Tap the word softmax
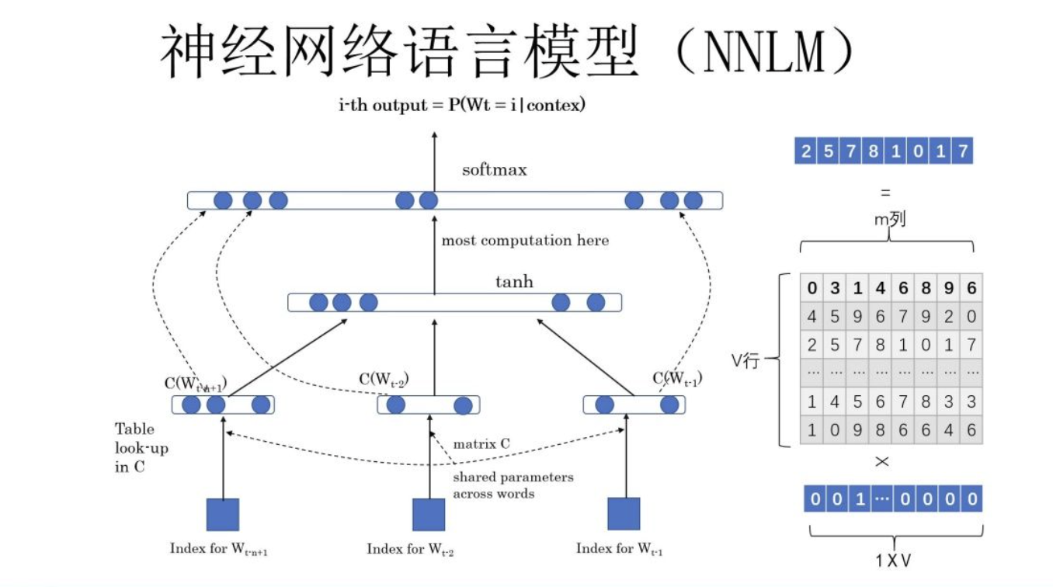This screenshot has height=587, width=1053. pos(494,169)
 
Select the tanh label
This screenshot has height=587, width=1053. pos(514,281)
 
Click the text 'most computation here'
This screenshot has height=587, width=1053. pos(525,241)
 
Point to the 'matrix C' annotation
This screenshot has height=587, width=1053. pos(481,444)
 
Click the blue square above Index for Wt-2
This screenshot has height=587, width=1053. pos(429,514)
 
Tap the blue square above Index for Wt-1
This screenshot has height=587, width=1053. pos(624,514)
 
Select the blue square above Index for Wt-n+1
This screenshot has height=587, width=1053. pos(223,514)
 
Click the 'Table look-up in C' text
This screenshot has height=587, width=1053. pos(141,448)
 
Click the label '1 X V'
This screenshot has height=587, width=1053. pos(893,560)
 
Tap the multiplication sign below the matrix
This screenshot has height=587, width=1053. pos(882,462)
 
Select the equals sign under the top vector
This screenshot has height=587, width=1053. pos(885,193)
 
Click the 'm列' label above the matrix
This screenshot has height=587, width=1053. pos(889,221)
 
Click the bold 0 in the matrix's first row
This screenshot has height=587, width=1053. pos(812,289)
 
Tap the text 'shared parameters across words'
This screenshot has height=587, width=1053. pos(513,485)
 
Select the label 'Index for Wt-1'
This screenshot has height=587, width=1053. pos(619,549)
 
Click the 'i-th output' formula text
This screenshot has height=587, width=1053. pos(461,105)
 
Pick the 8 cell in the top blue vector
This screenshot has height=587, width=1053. pos(874,151)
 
